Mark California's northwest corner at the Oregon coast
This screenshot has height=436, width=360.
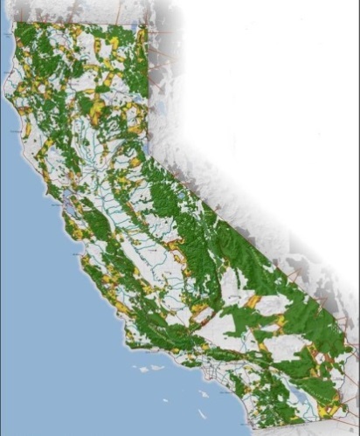click(x=15, y=24)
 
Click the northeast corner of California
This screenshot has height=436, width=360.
click(x=150, y=24)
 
